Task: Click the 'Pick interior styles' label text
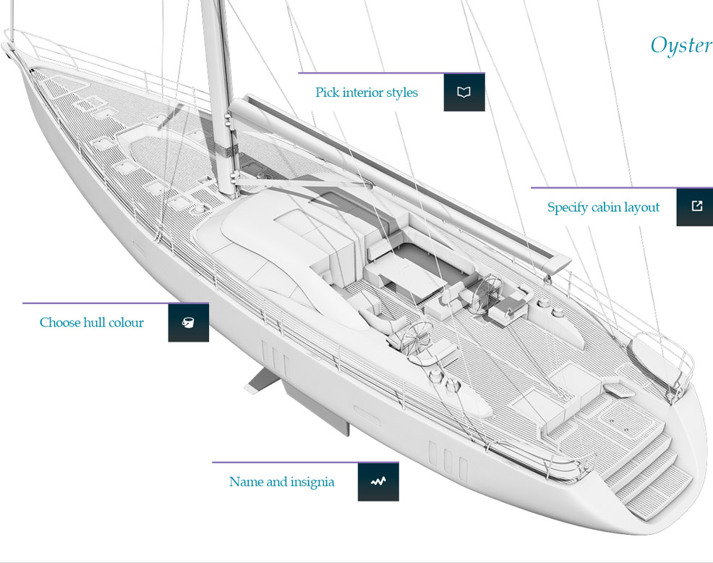pos(366,93)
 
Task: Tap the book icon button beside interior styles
pos(464,92)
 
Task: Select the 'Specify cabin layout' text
pos(603,208)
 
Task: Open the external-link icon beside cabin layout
pos(696,206)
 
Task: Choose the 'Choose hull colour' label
pos(91,323)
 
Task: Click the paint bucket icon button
pos(188,323)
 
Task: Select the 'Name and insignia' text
pos(281,482)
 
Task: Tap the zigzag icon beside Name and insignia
pos(377,481)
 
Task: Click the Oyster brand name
pos(680,46)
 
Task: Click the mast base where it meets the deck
pos(230,190)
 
